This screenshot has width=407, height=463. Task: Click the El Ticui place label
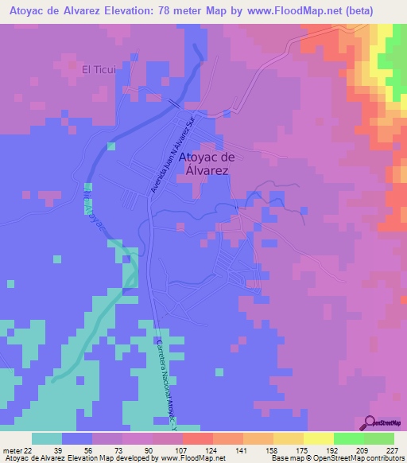[99, 69]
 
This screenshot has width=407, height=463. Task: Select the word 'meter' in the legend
[13, 449]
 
